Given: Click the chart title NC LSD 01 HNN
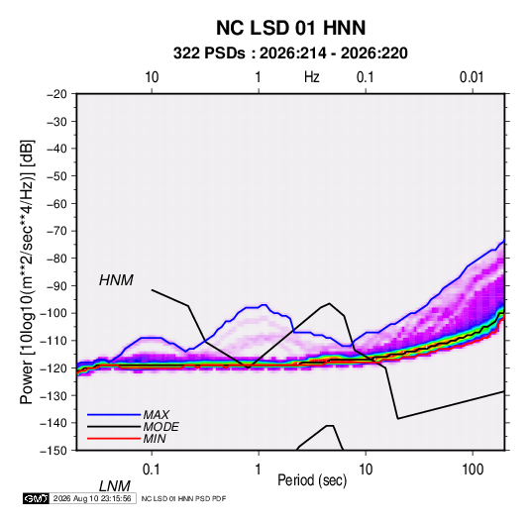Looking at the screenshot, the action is pyautogui.click(x=290, y=28).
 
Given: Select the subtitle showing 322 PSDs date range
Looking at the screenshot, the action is pyautogui.click(x=290, y=53).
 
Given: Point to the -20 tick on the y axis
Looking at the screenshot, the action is pyautogui.click(x=56, y=94).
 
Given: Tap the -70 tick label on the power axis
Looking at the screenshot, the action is pyautogui.click(x=56, y=231).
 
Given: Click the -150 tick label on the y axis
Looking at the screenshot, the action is pyautogui.click(x=53, y=451).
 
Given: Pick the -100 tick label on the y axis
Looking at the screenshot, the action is pyautogui.click(x=53, y=313).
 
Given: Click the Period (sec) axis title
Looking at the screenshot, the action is pyautogui.click(x=312, y=480).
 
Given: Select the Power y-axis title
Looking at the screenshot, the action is pyautogui.click(x=27, y=272).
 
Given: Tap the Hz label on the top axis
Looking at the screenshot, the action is pyautogui.click(x=312, y=77).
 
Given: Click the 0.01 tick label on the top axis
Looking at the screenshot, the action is pyautogui.click(x=472, y=77).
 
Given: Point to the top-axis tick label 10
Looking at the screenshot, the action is pyautogui.click(x=152, y=77).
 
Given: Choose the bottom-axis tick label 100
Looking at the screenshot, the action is pyautogui.click(x=473, y=470).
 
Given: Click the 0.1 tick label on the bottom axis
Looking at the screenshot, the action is pyautogui.click(x=152, y=470).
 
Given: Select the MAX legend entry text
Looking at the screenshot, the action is pyautogui.click(x=157, y=415).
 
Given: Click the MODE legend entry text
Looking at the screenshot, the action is pyautogui.click(x=160, y=427).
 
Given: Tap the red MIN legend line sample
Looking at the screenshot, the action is pyautogui.click(x=114, y=439).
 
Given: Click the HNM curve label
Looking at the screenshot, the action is pyautogui.click(x=116, y=280).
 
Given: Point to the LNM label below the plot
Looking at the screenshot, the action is pyautogui.click(x=114, y=486).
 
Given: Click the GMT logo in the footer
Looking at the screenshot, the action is pyautogui.click(x=37, y=498).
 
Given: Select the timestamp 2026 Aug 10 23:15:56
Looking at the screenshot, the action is pyautogui.click(x=92, y=498).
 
